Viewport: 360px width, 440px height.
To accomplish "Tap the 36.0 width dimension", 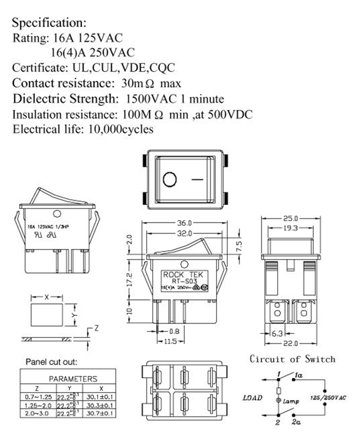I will click(x=184, y=223).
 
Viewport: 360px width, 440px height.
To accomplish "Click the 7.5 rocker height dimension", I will click(x=238, y=245).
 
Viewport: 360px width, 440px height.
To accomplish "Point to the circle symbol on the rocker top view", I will click(x=169, y=180).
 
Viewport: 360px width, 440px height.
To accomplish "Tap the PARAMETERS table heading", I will click(x=73, y=379).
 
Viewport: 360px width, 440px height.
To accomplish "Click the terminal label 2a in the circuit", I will click(x=296, y=423).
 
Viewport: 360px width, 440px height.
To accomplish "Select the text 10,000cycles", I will click(x=121, y=129).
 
